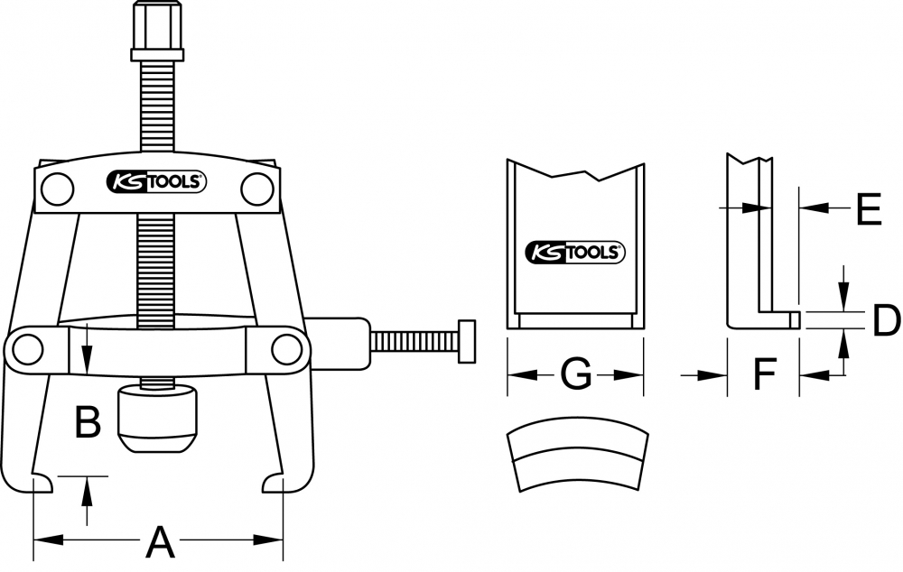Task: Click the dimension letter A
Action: coord(160,542)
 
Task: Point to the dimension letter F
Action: coord(765,374)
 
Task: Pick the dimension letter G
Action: coord(575,374)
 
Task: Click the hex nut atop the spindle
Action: coord(157,31)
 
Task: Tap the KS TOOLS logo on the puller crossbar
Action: coord(155,182)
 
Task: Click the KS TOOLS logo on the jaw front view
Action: coord(575,252)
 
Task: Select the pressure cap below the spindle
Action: coord(157,420)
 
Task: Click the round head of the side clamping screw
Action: coord(467,341)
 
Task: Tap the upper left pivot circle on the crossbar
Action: coord(58,189)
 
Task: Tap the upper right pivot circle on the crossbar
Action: coord(256,189)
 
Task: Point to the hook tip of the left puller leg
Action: coord(51,484)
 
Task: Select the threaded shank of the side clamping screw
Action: coord(414,341)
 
